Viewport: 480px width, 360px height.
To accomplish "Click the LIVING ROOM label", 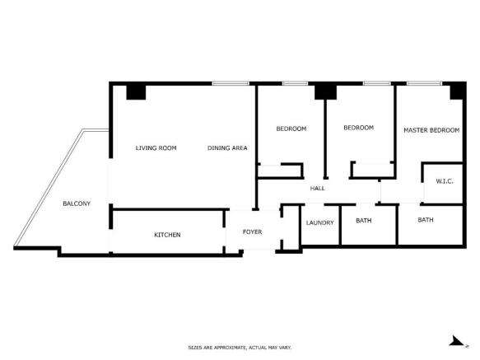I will (x=156, y=148).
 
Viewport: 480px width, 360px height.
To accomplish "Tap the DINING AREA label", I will (x=227, y=148).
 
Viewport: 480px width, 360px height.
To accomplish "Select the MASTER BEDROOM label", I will (x=431, y=130).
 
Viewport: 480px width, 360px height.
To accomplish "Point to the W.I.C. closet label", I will (x=444, y=181).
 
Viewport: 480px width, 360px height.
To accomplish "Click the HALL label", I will (x=317, y=189).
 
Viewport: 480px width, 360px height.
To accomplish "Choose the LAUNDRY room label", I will (x=319, y=222).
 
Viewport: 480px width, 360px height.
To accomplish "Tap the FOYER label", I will (x=252, y=232).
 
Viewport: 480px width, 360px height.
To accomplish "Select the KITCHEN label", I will (x=167, y=235).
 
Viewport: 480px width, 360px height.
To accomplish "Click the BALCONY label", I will (x=77, y=203).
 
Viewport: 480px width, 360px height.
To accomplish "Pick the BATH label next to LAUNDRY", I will (x=363, y=221).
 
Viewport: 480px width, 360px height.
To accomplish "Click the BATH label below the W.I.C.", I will (x=425, y=220).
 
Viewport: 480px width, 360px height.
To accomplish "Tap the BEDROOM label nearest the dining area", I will (x=291, y=129).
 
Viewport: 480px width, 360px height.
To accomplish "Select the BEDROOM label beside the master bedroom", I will (x=358, y=128).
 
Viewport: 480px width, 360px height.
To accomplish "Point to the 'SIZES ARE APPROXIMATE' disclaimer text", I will (x=240, y=348).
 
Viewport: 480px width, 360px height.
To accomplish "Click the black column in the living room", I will (x=136, y=91).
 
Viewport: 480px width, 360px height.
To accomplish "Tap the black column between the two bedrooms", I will (x=325, y=91).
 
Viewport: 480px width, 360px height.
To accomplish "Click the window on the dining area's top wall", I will (x=231, y=83).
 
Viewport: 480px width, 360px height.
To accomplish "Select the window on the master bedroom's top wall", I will (x=422, y=83).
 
